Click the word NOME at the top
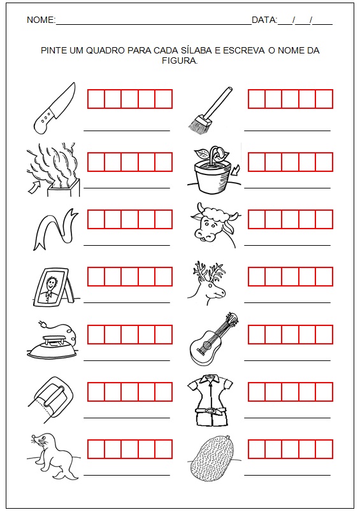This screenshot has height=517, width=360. pyautogui.click(x=40, y=20)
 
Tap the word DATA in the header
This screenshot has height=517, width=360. pyautogui.click(x=264, y=20)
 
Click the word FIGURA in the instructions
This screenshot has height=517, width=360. pyautogui.click(x=179, y=60)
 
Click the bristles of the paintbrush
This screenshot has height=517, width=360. pyautogui.click(x=198, y=123)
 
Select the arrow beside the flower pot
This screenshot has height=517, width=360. pyautogui.click(x=236, y=171)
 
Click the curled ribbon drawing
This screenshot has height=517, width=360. pyautogui.click(x=55, y=229)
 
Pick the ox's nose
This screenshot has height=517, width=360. pyautogui.click(x=202, y=234)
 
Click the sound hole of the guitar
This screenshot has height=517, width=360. pyautogui.click(x=207, y=345)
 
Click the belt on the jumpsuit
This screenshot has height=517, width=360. pyautogui.click(x=210, y=411)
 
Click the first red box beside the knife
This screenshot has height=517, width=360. pyautogui.click(x=96, y=99)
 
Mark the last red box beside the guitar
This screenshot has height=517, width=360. pyautogui.click(x=324, y=335)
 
